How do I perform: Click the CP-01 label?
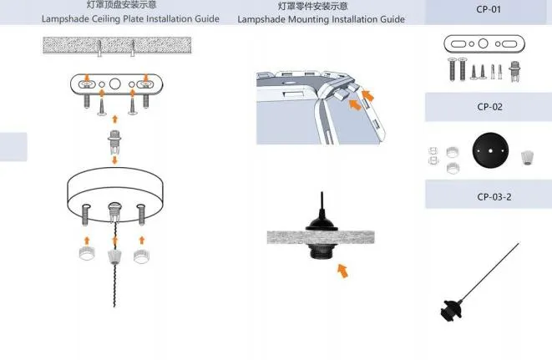click(489, 9)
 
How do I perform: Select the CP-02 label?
click(489, 107)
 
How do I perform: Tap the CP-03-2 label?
click(489, 196)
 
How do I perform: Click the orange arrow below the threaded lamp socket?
click(342, 270)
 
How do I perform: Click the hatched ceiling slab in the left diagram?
click(114, 47)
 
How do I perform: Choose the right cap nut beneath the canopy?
click(141, 250)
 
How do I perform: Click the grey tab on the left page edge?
click(13, 146)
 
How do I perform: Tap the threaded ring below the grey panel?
click(322, 251)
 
